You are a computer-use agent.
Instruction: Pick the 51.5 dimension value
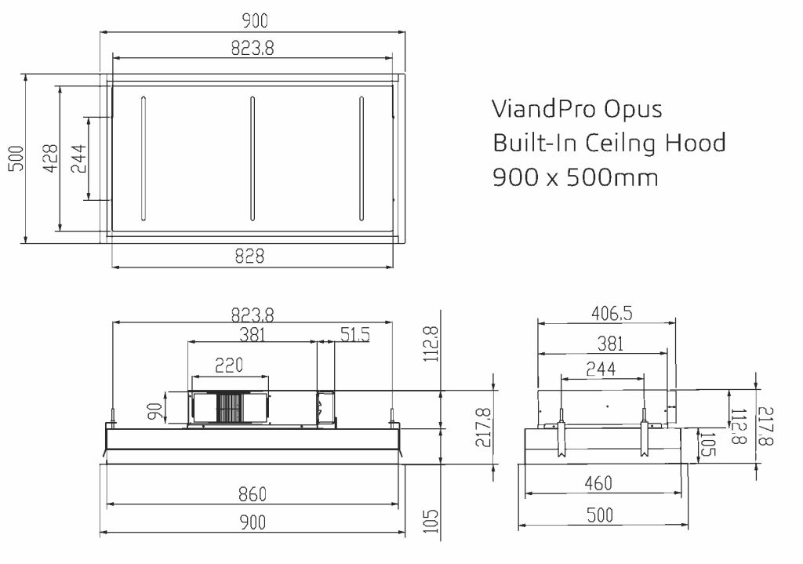[354, 335]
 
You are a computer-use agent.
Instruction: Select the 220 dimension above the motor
[229, 365]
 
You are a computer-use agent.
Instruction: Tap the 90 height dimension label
[156, 409]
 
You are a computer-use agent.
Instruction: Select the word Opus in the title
[634, 109]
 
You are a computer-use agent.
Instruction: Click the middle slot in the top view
[252, 158]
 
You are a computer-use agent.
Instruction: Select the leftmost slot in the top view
[143, 158]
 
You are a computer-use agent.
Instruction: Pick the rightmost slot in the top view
[362, 158]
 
